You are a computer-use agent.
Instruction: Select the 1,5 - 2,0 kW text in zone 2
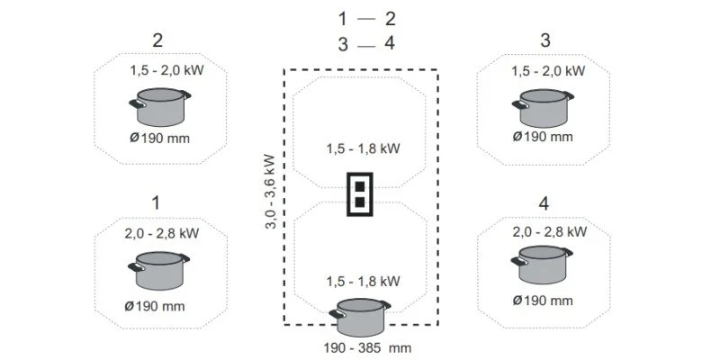tap(166, 69)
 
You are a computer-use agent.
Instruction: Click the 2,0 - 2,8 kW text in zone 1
tap(162, 233)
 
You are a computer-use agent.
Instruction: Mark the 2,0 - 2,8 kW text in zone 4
tap(549, 232)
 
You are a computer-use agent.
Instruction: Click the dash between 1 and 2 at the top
tap(366, 19)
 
